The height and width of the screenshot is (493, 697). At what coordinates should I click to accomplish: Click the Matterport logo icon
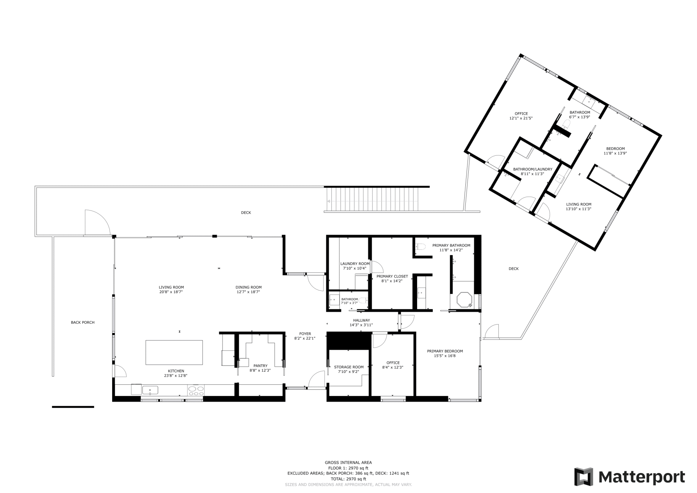click(583, 477)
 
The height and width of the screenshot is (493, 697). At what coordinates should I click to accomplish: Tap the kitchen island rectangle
click(174, 352)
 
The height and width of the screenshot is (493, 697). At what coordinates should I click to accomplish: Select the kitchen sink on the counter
click(150, 391)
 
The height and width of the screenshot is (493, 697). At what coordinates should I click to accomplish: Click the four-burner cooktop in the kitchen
click(196, 391)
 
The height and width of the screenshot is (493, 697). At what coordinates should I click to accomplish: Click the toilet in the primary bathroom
click(421, 247)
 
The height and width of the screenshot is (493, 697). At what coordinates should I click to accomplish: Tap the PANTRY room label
click(260, 366)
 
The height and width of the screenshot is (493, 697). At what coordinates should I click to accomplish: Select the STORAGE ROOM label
click(348, 367)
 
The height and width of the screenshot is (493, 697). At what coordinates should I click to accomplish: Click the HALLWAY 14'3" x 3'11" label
click(361, 323)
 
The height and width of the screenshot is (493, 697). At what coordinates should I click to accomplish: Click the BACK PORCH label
click(83, 322)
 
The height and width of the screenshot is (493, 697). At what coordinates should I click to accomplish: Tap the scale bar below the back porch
click(73, 407)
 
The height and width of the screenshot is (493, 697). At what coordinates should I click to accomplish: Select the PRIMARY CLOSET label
click(392, 276)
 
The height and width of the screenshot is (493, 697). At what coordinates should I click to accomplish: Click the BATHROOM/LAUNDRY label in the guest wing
click(533, 169)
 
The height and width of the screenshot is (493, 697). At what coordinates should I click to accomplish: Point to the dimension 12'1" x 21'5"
click(521, 118)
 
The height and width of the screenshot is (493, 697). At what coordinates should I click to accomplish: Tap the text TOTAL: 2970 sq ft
click(348, 479)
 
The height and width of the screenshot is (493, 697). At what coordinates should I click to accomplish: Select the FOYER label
click(305, 334)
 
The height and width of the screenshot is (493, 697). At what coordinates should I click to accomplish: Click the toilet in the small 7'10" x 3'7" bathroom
click(364, 301)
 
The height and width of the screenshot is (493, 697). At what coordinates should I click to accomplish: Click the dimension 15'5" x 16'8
click(445, 356)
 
